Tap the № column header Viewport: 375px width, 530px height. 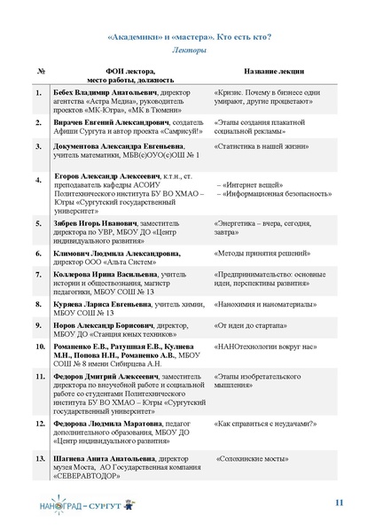point(42,71)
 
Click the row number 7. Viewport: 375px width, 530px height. point(40,275)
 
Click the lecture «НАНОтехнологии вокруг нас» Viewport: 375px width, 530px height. point(262,346)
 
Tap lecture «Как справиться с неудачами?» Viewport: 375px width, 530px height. point(265,425)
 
